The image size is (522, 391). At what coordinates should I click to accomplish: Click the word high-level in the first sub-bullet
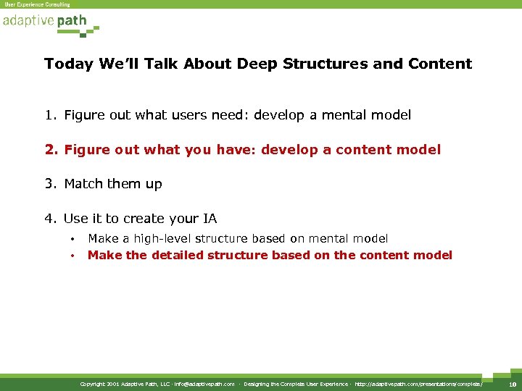tap(162, 238)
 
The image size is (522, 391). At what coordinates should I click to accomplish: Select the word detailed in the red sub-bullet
tap(176, 255)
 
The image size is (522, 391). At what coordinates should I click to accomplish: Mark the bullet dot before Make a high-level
tap(73, 239)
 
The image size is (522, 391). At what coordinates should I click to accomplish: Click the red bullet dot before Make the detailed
tap(73, 256)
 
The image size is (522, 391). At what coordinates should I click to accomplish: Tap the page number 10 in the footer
tap(512, 384)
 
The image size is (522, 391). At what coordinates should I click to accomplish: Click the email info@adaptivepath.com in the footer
tap(204, 384)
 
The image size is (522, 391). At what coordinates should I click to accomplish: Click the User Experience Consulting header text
tap(37, 4)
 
